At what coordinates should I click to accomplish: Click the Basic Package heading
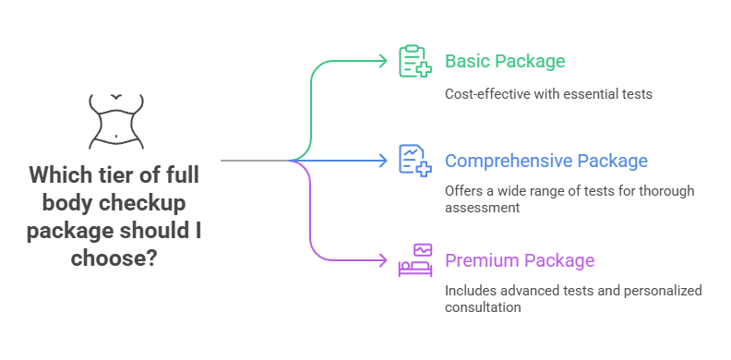pyautogui.click(x=504, y=62)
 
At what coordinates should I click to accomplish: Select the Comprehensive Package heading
pyautogui.click(x=546, y=161)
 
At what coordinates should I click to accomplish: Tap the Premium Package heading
pyautogui.click(x=520, y=260)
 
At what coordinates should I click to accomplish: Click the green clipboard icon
pyautogui.click(x=413, y=61)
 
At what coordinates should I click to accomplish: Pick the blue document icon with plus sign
pyautogui.click(x=413, y=160)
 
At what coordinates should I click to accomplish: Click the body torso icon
pyautogui.click(x=116, y=120)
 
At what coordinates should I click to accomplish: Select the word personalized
pyautogui.click(x=663, y=291)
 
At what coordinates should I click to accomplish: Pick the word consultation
pyautogui.click(x=483, y=307)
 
